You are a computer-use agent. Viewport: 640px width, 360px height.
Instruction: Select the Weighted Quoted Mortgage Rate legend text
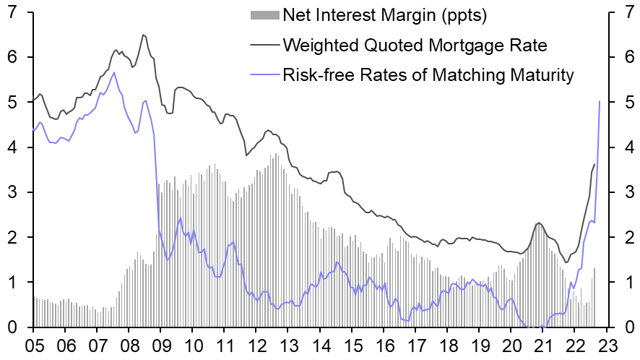coord(415,45)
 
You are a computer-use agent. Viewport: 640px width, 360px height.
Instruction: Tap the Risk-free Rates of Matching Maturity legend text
coord(428,74)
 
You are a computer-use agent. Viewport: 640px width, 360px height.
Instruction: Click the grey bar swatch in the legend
coord(264,14)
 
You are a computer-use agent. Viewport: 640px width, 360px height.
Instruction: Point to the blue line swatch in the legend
coord(264,74)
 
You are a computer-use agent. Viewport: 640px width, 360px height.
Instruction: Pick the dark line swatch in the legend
coord(264,45)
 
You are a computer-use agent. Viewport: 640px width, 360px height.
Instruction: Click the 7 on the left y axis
coord(12,12)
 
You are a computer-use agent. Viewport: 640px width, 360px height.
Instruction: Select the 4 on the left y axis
coord(12,147)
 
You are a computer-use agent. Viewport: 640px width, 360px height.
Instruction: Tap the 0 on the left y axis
coord(12,327)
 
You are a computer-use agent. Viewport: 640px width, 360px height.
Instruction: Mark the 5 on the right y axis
coord(626,103)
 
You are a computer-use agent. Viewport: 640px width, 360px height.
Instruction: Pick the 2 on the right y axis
coord(626,237)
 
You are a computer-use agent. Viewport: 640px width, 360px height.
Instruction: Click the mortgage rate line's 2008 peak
coord(143,35)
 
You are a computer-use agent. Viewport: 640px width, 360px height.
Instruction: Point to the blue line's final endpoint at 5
coord(600,101)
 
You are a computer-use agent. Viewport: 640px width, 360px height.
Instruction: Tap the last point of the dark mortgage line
coord(594,164)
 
